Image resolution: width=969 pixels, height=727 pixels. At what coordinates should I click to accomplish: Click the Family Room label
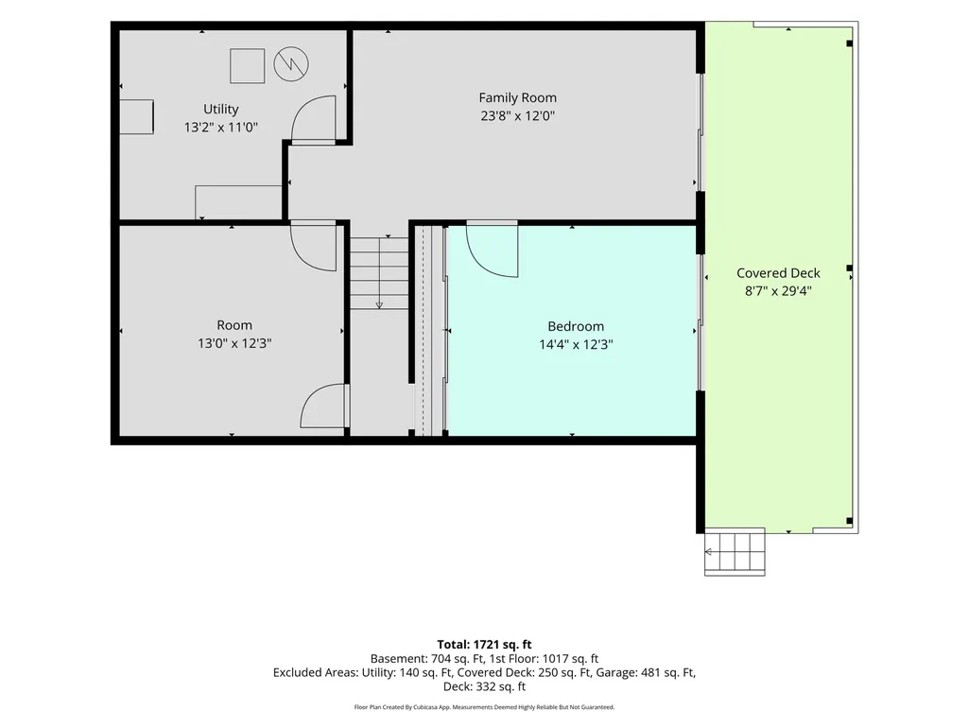(x=517, y=97)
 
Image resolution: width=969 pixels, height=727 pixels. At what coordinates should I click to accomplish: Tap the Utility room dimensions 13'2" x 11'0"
(x=220, y=128)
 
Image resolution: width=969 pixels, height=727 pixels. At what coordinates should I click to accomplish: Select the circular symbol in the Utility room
(x=291, y=64)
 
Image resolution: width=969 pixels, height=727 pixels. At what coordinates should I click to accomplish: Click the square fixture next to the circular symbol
(x=247, y=65)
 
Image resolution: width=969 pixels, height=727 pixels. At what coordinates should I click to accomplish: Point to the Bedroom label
(x=576, y=326)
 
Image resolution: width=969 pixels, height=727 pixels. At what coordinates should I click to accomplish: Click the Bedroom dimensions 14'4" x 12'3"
(x=576, y=344)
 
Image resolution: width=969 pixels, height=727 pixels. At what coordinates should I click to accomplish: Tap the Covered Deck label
(x=778, y=273)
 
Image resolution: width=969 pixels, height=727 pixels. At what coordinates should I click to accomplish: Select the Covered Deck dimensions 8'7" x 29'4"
(x=778, y=291)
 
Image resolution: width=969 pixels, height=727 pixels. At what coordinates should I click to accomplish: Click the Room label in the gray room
(x=234, y=325)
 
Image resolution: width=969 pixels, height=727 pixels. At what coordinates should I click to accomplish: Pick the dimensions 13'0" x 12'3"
(x=234, y=343)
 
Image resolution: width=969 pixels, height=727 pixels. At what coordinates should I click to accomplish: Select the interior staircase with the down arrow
(x=379, y=273)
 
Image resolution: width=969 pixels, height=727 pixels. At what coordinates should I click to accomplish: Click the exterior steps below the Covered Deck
(x=735, y=552)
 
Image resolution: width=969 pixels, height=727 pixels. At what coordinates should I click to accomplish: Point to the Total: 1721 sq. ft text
(x=484, y=645)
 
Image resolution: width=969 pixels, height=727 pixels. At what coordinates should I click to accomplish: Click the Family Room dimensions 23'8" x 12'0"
(x=517, y=115)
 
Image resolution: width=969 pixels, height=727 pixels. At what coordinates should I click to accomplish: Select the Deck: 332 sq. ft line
(x=484, y=686)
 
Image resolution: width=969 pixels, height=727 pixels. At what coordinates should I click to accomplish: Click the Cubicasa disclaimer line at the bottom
(x=484, y=707)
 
